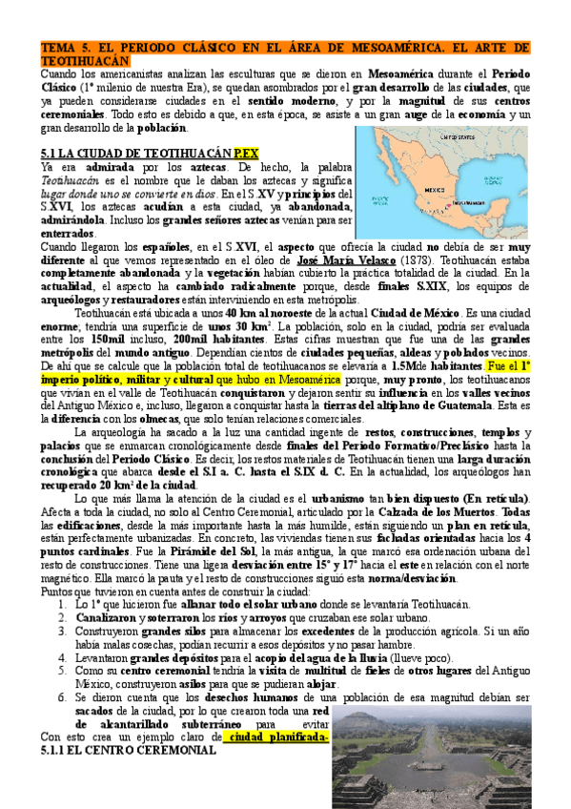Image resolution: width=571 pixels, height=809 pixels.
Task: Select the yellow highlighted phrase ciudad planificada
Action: (x=276, y=737)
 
